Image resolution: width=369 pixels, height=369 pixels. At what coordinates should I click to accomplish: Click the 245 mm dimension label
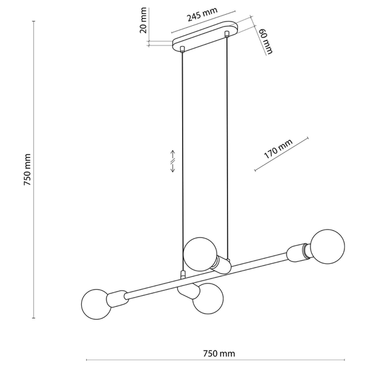click(202, 14)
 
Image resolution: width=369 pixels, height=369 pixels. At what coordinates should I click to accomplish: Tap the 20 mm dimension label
click(143, 20)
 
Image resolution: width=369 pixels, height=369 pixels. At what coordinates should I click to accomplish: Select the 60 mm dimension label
click(266, 41)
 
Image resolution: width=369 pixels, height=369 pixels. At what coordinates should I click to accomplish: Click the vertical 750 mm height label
click(27, 170)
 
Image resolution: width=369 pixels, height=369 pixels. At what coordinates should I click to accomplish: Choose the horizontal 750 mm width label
click(219, 354)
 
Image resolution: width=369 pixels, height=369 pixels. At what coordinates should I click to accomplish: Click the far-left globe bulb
click(96, 304)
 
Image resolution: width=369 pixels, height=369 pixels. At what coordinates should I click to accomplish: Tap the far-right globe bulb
click(328, 247)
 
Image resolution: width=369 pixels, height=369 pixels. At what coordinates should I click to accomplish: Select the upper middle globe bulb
click(200, 254)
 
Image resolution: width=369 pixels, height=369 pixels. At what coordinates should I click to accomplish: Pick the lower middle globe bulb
click(208, 298)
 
